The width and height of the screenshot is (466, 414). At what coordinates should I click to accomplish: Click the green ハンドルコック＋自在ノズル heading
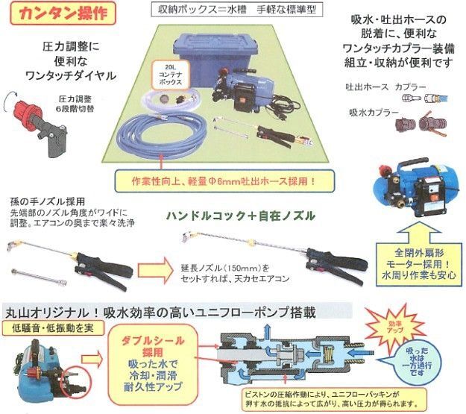(240, 216)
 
